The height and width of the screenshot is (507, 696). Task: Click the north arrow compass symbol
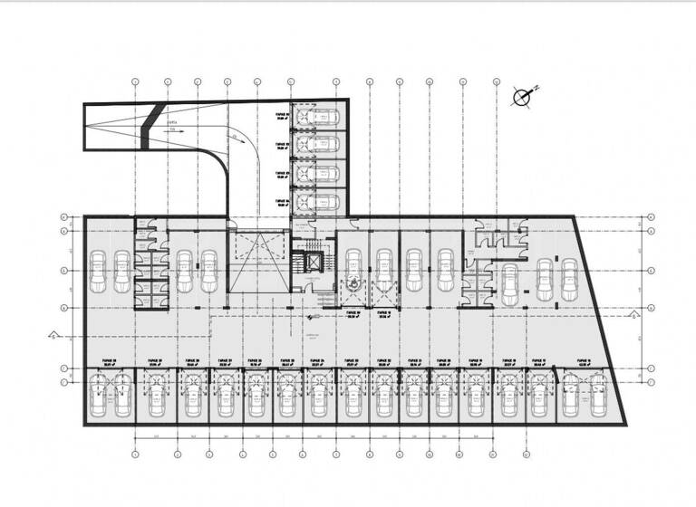coord(524,96)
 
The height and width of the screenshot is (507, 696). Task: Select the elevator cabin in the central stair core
coord(314,262)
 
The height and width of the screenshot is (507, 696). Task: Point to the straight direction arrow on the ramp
coord(178,131)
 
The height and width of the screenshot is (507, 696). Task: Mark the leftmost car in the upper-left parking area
coord(98,272)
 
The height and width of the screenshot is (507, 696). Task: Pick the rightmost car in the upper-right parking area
coord(569,281)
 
